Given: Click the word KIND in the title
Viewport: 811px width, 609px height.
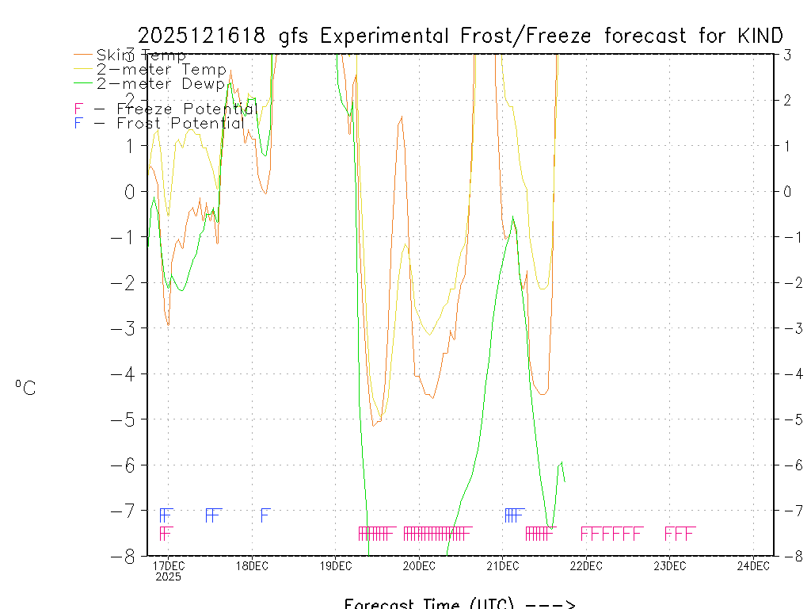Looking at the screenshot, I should (760, 36).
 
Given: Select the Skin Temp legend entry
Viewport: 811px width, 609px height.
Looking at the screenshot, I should (141, 56).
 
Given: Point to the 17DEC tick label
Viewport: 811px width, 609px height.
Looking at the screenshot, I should (168, 565).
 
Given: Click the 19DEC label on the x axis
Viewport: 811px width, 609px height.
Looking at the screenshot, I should (336, 565).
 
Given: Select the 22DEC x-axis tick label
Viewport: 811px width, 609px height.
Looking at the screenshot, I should (586, 565).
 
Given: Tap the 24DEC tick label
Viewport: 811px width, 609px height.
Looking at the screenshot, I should (753, 565).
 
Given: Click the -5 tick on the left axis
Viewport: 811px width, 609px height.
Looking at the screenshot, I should (128, 419).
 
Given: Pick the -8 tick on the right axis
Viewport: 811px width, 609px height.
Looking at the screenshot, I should (787, 556).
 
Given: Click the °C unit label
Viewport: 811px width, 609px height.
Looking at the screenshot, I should (25, 388).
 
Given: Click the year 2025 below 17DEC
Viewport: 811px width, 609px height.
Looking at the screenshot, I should (168, 577).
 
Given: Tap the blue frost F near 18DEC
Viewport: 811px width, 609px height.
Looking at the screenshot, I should (266, 515).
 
